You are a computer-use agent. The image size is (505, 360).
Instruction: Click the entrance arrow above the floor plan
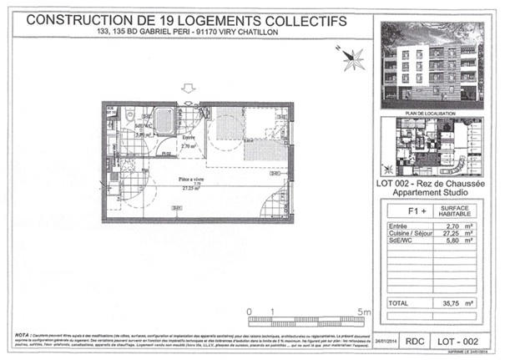[188, 89]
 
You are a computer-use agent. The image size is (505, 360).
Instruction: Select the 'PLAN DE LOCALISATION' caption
[432, 112]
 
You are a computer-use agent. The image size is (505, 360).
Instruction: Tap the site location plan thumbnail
[432, 147]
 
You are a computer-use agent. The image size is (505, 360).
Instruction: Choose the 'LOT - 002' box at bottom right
[459, 341]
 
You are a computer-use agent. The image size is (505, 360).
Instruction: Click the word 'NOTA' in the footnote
[20, 332]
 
